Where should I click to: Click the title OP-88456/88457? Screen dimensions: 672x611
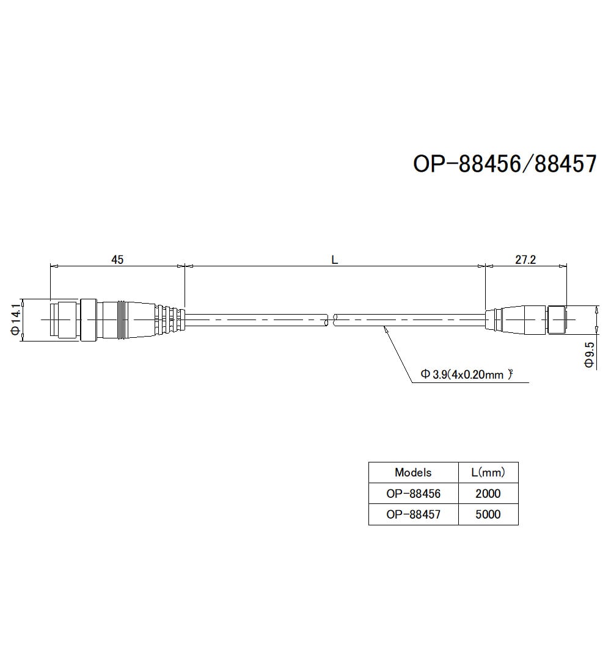click(504, 164)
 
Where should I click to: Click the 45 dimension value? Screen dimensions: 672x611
click(117, 260)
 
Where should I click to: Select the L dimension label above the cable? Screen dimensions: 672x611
click(334, 260)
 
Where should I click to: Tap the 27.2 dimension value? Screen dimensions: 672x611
click(525, 260)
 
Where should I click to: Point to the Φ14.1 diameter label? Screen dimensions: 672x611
click(16, 320)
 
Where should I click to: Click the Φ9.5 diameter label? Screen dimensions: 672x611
click(589, 354)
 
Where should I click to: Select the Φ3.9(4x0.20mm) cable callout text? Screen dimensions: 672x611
click(466, 374)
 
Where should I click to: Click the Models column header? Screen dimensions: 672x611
click(413, 472)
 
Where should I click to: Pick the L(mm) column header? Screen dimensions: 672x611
click(488, 472)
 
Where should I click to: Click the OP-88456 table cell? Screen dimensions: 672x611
click(413, 493)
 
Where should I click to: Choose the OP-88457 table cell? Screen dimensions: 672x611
click(413, 514)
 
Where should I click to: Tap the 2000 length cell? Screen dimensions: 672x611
click(488, 493)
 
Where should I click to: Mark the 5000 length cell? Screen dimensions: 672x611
click(488, 514)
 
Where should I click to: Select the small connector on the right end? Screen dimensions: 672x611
click(525, 320)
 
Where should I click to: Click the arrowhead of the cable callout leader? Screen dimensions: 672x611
click(385, 330)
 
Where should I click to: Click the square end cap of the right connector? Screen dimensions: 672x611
click(557, 320)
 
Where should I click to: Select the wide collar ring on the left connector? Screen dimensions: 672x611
click(87, 320)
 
